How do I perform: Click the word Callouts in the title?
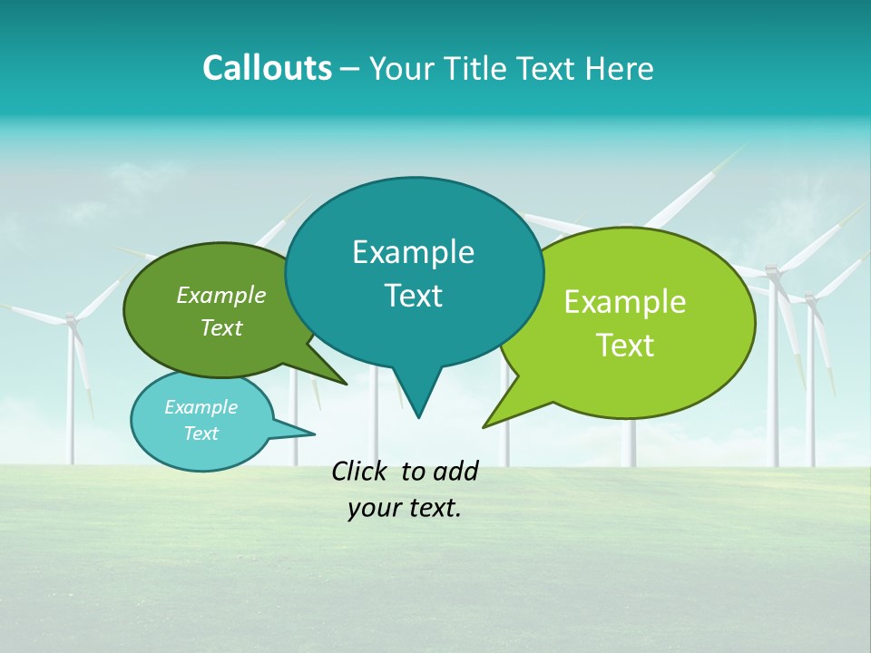[x=267, y=69]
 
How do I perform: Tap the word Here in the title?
[x=620, y=69]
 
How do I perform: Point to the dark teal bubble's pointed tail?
[x=417, y=399]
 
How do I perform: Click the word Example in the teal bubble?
[x=413, y=252]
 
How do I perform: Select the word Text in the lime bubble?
[x=625, y=346]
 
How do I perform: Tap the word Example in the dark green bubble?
[x=221, y=295]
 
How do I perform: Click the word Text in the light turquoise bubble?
[x=201, y=434]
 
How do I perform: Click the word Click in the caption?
[x=360, y=471]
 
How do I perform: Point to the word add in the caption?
[x=455, y=471]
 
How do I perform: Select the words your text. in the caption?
[x=404, y=508]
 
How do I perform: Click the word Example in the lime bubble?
[x=625, y=302]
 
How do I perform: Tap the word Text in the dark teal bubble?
[x=413, y=296]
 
